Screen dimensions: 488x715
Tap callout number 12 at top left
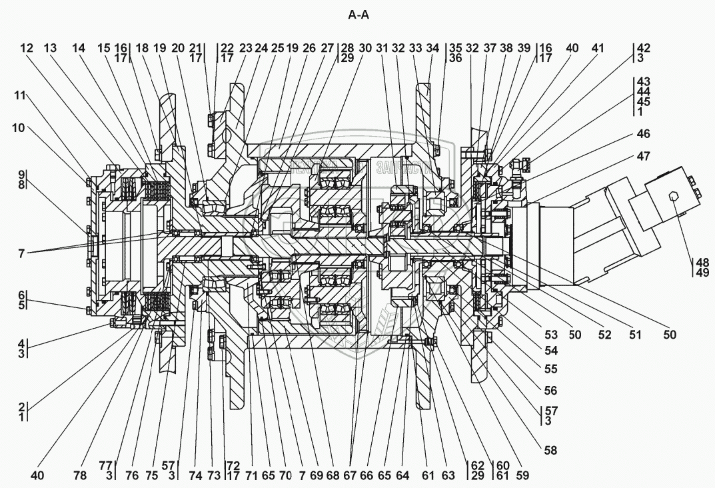26,48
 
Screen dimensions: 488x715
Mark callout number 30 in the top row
365,48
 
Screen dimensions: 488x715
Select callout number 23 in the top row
246,48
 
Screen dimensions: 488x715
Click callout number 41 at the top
597,48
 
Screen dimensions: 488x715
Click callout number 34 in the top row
433,48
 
